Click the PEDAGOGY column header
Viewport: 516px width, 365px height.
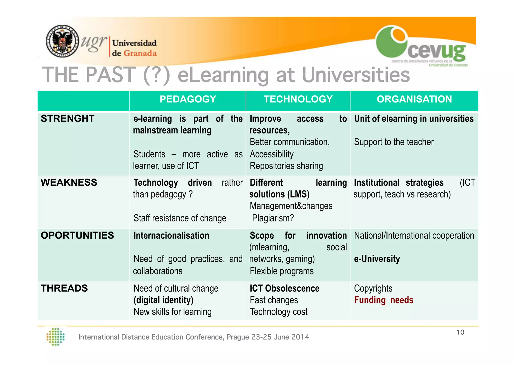[188, 99]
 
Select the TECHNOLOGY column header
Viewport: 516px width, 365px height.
[298, 99]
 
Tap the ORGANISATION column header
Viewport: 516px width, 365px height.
[414, 99]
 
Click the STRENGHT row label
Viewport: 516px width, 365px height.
[68, 119]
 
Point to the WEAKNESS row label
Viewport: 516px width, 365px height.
[69, 182]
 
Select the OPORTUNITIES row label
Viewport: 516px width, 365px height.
[77, 235]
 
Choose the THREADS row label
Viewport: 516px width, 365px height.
[64, 288]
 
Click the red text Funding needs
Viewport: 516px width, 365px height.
[383, 300]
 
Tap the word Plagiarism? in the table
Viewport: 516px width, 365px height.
[273, 218]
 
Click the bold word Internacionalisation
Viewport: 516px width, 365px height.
[171, 235]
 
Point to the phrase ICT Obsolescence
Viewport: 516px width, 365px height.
[284, 288]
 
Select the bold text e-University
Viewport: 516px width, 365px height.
[377, 259]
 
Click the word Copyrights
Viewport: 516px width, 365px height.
[373, 288]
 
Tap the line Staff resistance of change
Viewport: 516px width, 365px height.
[180, 218]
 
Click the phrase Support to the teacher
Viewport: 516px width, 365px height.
[394, 142]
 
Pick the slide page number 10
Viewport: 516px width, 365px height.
[460, 332]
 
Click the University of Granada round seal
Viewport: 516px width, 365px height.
[62, 41]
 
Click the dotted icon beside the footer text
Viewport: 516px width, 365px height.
[56, 337]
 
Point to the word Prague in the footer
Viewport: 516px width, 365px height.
[238, 337]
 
